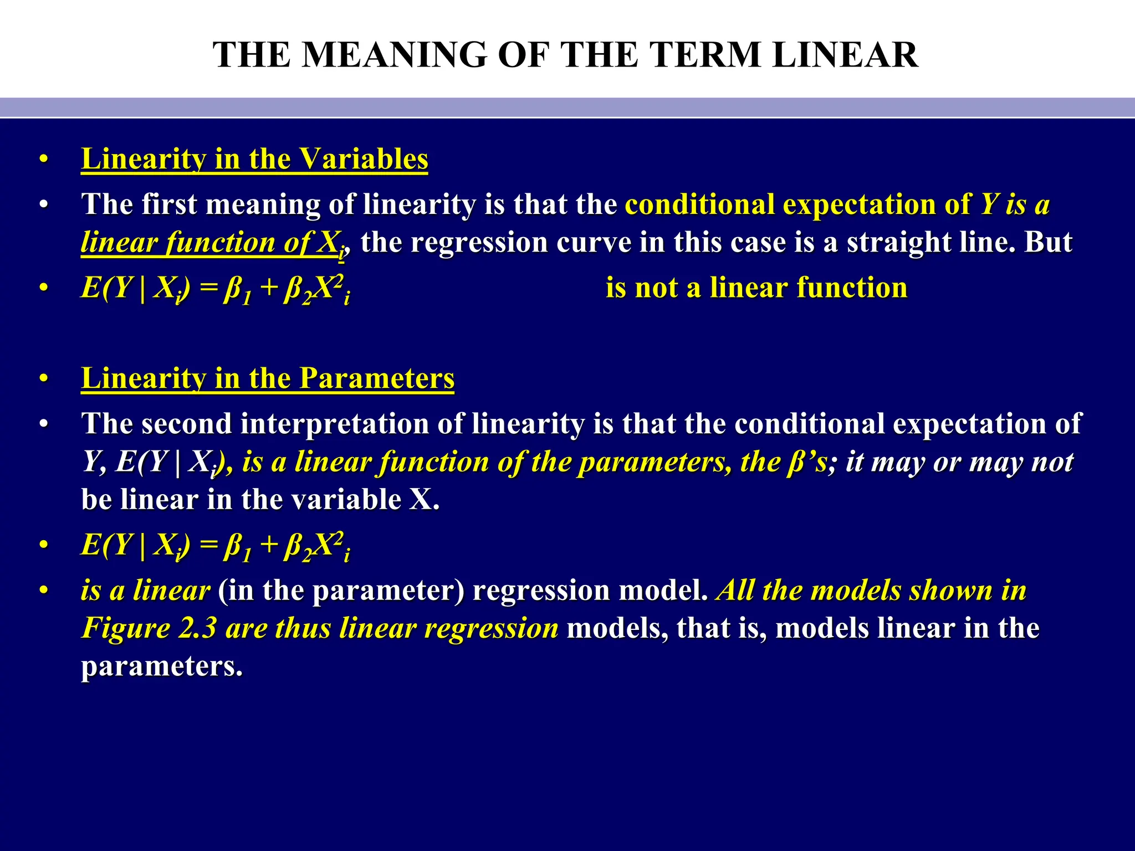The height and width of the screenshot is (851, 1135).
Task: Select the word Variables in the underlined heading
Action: [x=364, y=159]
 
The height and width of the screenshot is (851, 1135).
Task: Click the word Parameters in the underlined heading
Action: [x=377, y=378]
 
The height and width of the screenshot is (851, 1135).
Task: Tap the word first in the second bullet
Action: [x=169, y=204]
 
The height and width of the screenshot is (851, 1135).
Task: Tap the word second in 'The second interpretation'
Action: [x=186, y=424]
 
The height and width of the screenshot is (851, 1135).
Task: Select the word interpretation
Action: [x=335, y=424]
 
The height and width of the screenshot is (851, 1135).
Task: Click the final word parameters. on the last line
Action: [x=162, y=667]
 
